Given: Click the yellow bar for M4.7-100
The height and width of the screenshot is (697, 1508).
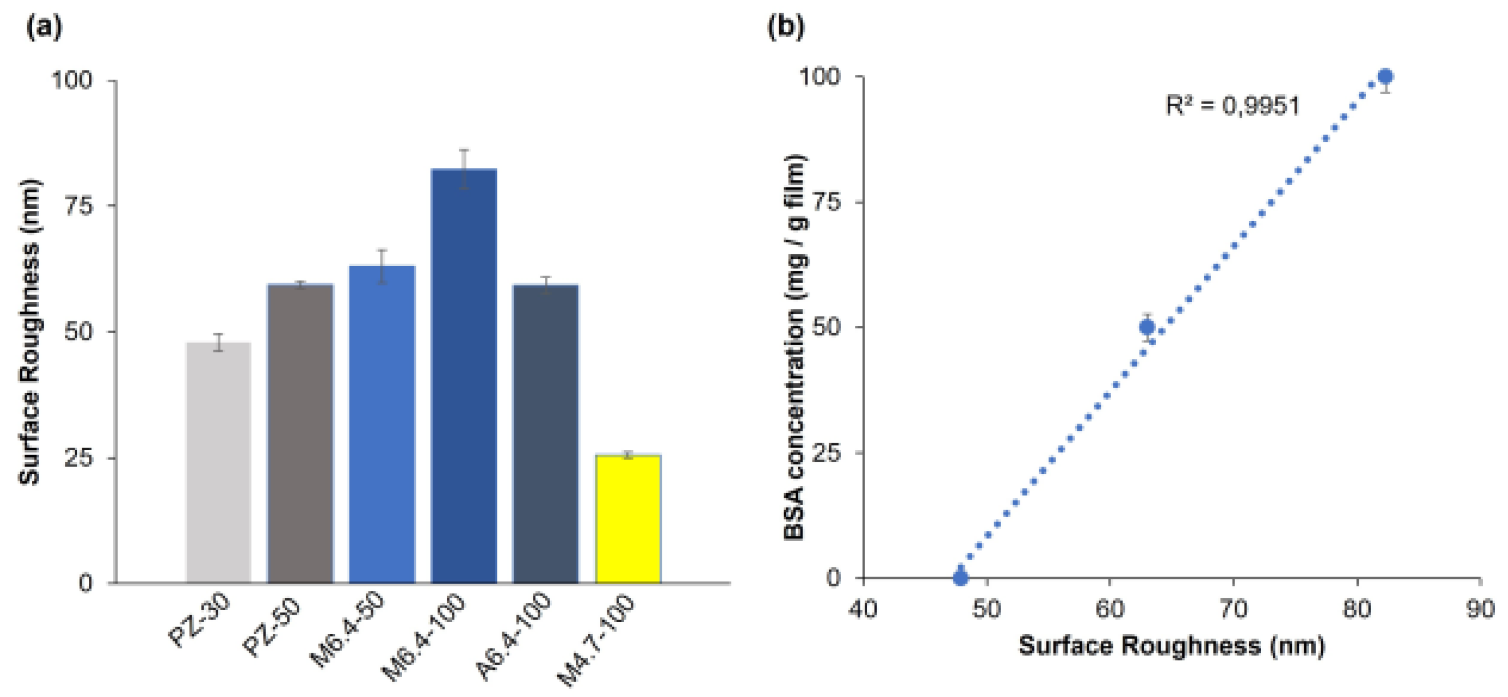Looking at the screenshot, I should coord(628,519).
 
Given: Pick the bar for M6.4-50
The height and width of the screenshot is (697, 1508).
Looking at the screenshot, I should coord(382,425).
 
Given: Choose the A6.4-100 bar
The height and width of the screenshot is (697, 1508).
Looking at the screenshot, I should coord(545,434).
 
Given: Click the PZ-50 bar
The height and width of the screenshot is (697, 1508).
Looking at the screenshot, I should coord(300,434).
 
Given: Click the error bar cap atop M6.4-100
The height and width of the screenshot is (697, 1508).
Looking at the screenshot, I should coord(464,150).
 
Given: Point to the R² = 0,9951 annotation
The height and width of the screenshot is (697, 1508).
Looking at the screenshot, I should coord(1232,106).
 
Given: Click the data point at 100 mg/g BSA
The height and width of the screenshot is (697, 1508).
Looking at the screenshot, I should coord(1385,77).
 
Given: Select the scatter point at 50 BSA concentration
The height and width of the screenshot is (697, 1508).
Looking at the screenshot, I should coord(1148,326).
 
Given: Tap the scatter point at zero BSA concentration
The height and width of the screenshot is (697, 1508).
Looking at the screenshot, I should coord(960,578).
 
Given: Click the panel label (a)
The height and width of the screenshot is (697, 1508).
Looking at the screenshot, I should coord(44,27).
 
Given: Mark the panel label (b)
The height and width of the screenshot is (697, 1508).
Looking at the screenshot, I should coord(785,27).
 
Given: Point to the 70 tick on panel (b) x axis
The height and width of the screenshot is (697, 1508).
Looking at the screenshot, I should coord(1233,609).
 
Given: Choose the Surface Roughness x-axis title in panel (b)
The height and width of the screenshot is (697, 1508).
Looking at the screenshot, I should coord(1171,646).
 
